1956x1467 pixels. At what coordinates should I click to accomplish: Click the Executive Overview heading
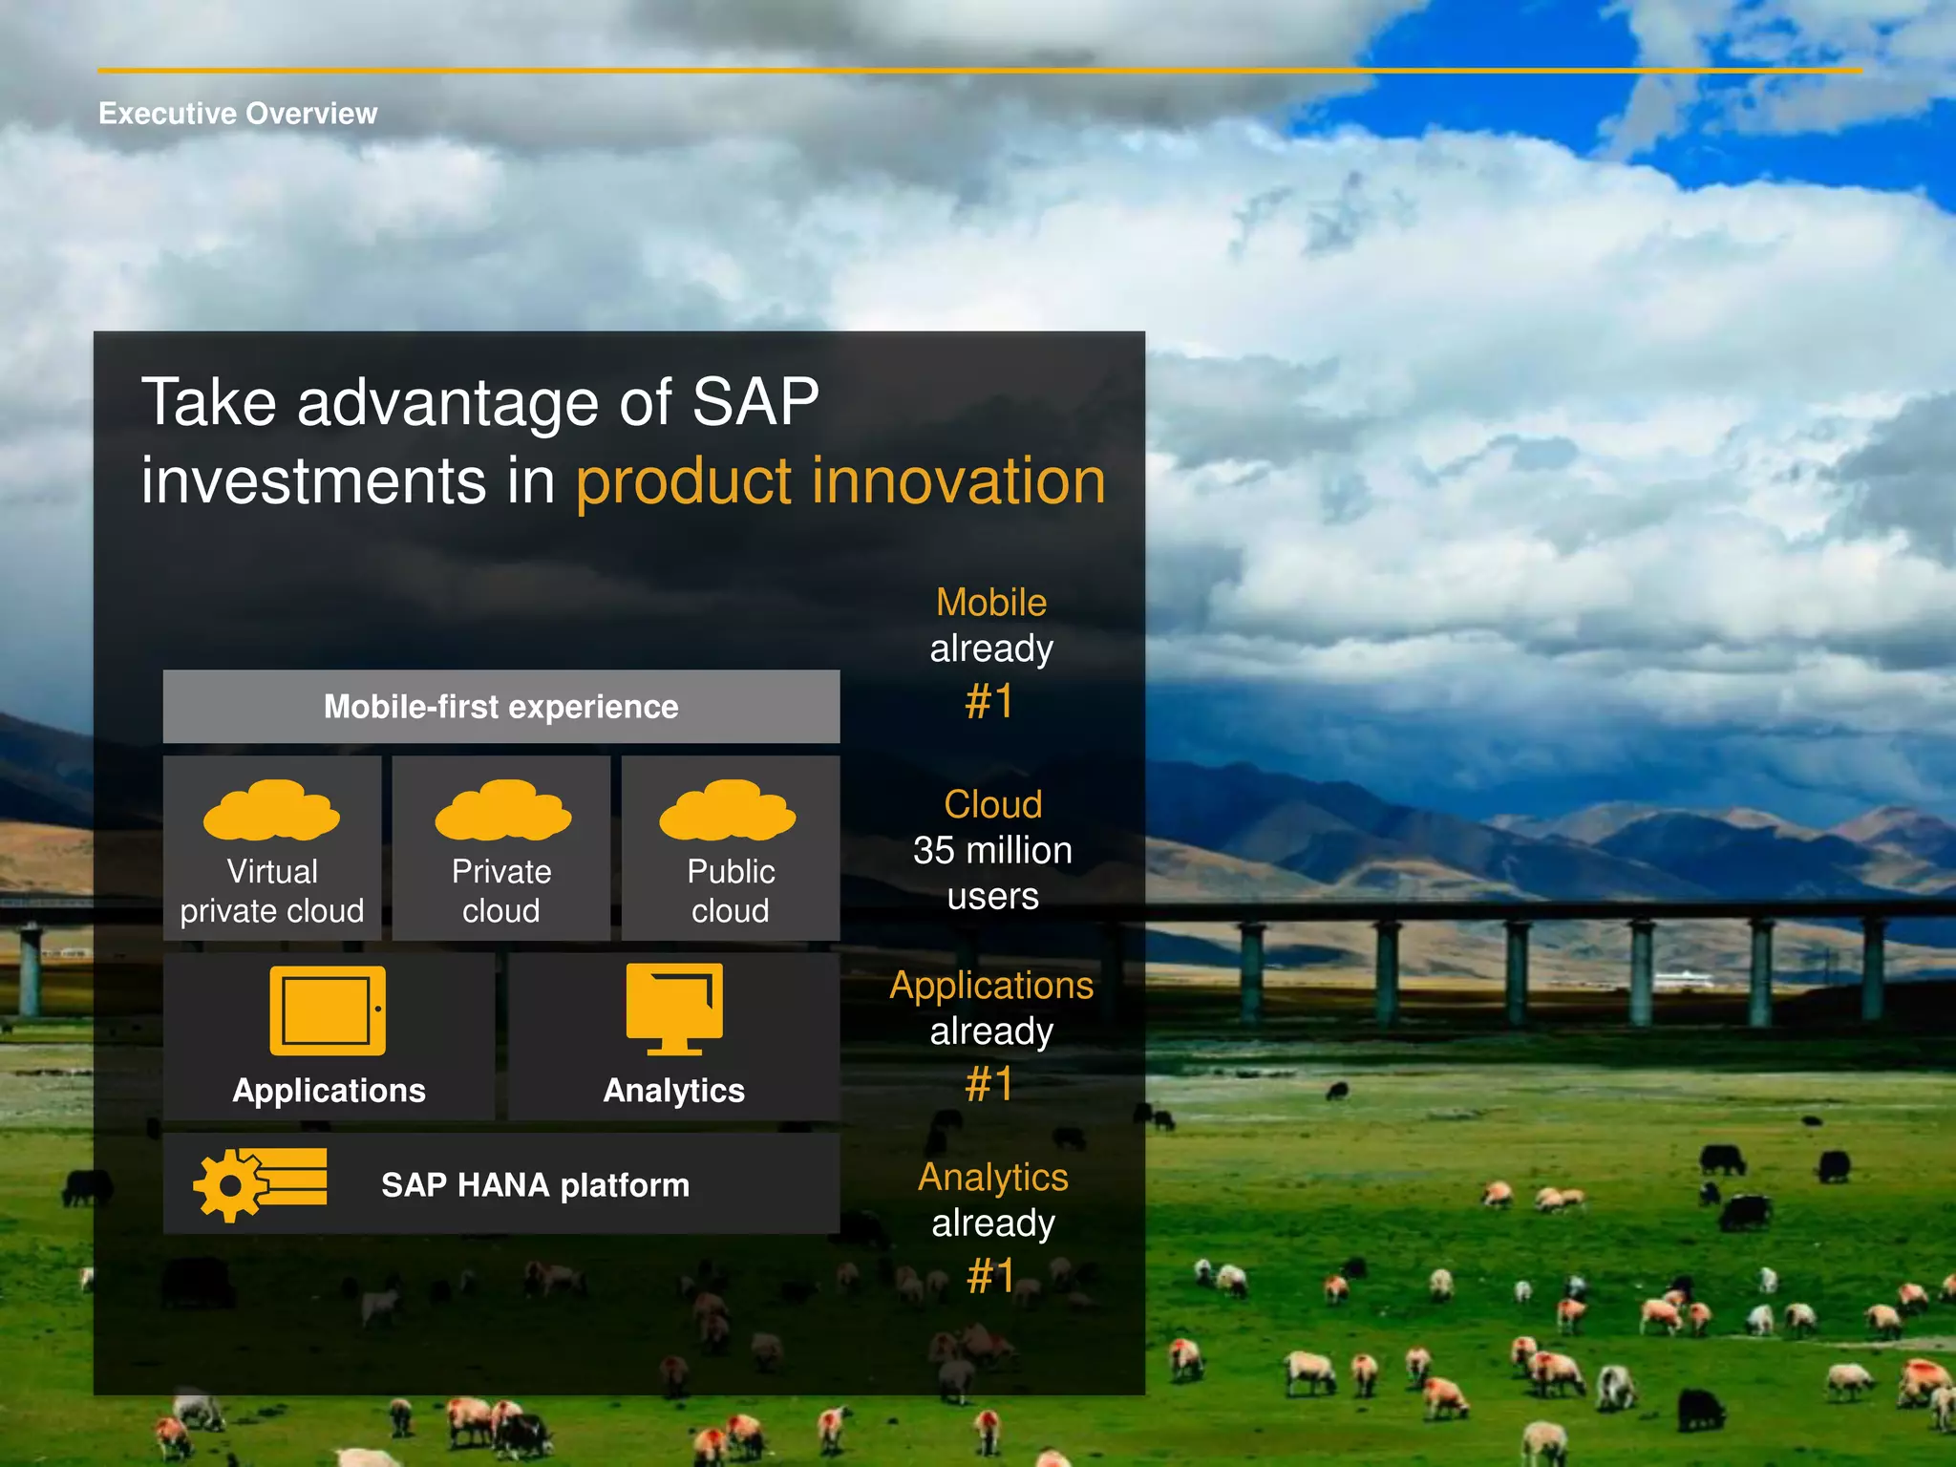(x=238, y=114)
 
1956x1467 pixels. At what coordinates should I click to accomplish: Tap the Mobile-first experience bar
(x=500, y=707)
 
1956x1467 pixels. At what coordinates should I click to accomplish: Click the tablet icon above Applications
(x=328, y=1010)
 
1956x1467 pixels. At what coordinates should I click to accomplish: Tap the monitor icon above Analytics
(x=674, y=1009)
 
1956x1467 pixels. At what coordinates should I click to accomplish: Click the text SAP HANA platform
(x=535, y=1185)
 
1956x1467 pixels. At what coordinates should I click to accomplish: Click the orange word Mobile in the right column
(x=991, y=603)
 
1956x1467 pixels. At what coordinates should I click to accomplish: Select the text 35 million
(x=992, y=850)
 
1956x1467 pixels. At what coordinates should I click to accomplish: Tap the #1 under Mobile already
(x=989, y=702)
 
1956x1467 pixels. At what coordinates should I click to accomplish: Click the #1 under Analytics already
(x=990, y=1276)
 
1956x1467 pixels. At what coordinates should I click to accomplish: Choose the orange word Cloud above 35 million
(x=992, y=804)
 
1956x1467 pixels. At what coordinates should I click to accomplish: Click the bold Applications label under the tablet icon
(x=329, y=1091)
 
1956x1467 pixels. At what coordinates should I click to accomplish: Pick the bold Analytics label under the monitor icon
(x=673, y=1091)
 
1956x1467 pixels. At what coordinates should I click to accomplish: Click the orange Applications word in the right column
(x=991, y=986)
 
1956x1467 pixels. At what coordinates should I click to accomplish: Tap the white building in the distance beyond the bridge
(x=1683, y=980)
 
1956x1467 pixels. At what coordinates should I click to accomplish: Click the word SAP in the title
(x=755, y=401)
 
